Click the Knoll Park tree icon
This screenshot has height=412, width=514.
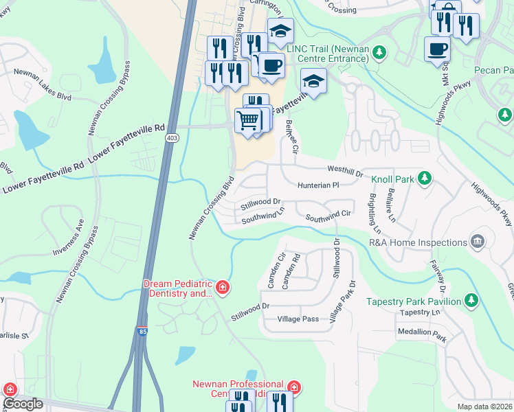tap(425, 179)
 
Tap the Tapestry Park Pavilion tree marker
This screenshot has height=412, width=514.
tap(471, 301)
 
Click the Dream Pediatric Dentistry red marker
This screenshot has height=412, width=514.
tap(222, 288)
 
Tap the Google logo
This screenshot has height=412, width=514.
tap(23, 404)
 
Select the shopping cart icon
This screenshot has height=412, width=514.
tap(248, 121)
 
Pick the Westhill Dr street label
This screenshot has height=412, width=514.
tap(346, 170)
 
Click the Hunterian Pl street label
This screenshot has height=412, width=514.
tap(318, 185)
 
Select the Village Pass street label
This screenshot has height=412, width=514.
tap(298, 319)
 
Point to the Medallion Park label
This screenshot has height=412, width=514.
tap(422, 339)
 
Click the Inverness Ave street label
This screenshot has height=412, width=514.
tap(69, 238)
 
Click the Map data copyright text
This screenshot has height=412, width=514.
tap(484, 407)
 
